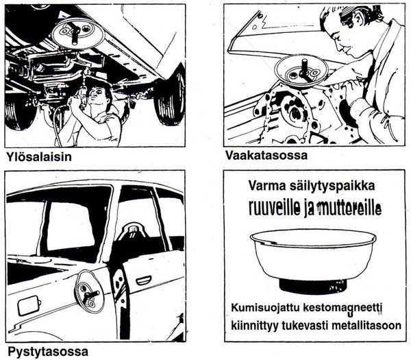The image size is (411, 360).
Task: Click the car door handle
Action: tap(145, 280)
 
